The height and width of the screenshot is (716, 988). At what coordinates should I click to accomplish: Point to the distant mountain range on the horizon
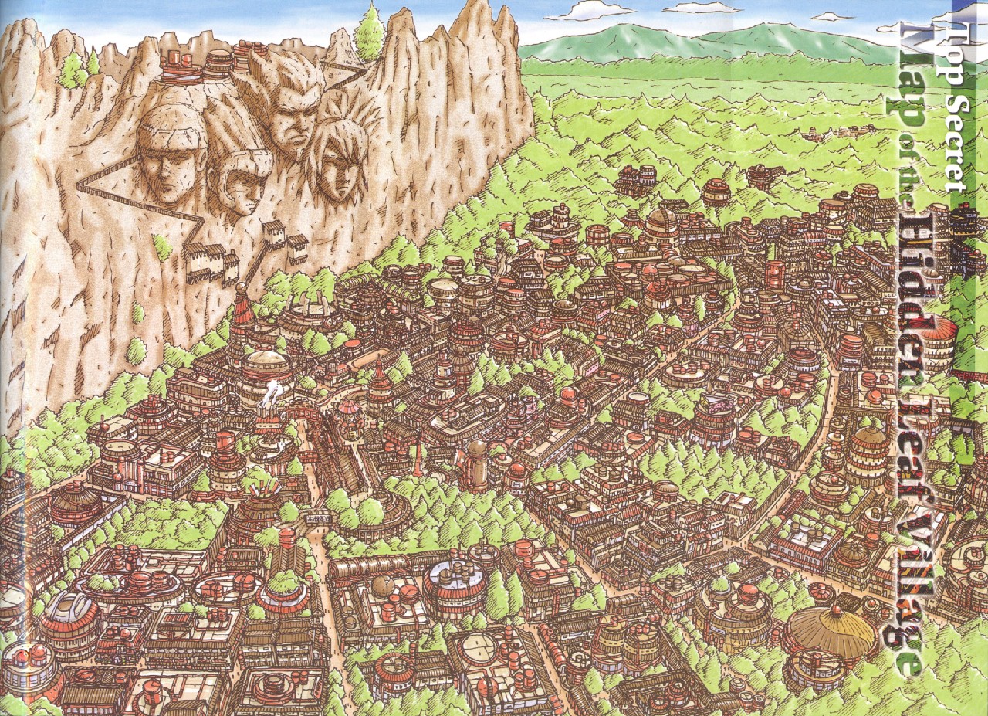pyautogui.click(x=695, y=42)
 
